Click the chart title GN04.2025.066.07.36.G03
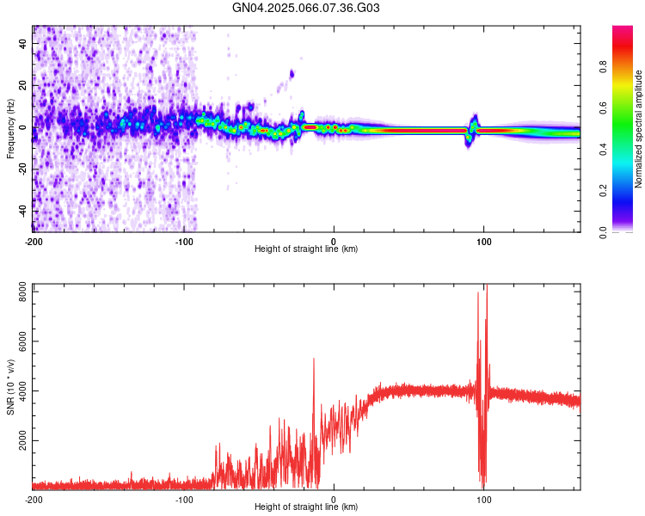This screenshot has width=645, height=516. pyautogui.click(x=306, y=8)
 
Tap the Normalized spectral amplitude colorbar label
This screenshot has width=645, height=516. pyautogui.click(x=639, y=129)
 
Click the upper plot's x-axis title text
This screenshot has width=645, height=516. pyautogui.click(x=306, y=249)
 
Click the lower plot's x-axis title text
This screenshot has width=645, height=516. pyautogui.click(x=306, y=507)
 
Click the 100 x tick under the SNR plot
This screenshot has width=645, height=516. pyautogui.click(x=483, y=499)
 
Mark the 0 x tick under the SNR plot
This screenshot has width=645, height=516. pyautogui.click(x=334, y=499)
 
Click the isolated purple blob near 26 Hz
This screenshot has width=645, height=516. pyautogui.click(x=292, y=74)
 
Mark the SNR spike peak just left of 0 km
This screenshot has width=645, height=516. pyautogui.click(x=314, y=359)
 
